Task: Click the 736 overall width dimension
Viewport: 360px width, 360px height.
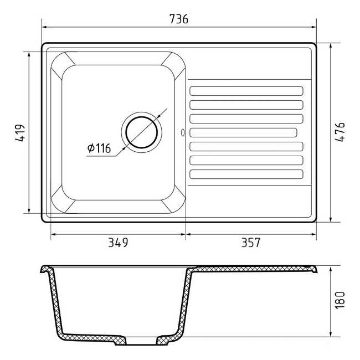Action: point(179,19)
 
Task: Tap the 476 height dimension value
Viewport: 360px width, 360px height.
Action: point(340,132)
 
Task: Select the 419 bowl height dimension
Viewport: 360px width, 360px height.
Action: point(20,133)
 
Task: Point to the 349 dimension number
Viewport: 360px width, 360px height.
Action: point(118,243)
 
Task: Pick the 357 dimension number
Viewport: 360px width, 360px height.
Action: point(251,243)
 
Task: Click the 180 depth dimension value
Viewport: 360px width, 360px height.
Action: point(340,300)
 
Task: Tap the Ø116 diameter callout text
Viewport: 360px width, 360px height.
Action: point(99,148)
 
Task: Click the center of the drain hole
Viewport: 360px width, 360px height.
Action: point(142,132)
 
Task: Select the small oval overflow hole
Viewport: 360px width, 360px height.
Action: point(183,133)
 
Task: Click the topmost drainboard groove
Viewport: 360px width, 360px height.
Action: point(246,91)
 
